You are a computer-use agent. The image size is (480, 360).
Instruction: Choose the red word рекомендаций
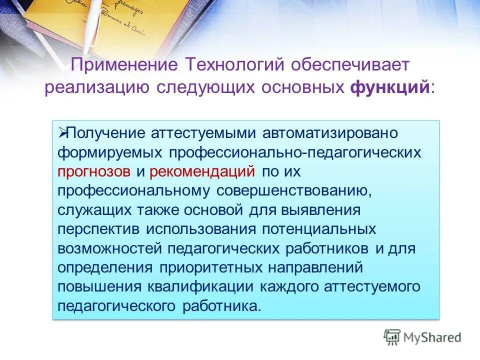(x=202, y=171)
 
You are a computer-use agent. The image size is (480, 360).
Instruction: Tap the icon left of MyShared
(x=392, y=337)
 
